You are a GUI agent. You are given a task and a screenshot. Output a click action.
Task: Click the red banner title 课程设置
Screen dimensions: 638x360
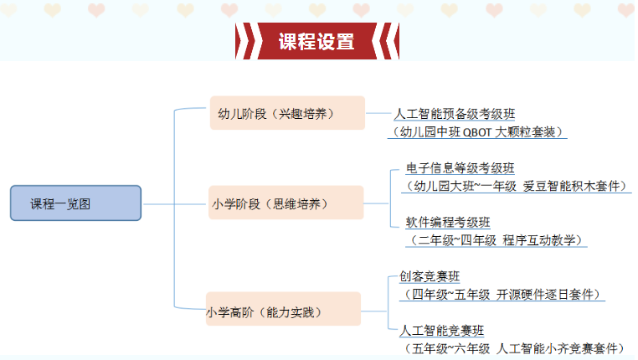point(316,42)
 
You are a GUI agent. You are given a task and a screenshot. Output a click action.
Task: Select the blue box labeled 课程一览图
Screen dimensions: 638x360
point(75,203)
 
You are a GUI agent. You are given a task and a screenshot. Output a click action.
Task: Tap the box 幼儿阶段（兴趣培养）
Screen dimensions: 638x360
point(287,113)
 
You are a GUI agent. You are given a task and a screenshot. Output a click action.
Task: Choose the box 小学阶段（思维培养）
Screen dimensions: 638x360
point(286,203)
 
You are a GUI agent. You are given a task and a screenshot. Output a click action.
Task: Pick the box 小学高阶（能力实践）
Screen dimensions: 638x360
point(283,309)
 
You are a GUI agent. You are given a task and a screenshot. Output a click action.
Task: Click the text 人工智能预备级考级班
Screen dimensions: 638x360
point(455,114)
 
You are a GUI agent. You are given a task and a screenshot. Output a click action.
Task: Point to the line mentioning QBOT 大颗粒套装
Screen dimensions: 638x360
point(477,131)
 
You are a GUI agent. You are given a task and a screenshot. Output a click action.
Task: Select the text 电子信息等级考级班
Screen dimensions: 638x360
point(460,168)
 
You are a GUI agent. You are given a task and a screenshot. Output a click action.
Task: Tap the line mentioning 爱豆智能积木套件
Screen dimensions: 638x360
point(517,187)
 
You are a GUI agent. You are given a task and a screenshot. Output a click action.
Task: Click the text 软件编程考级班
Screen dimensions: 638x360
point(448,222)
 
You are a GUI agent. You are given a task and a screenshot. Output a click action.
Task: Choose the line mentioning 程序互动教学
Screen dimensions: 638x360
point(496,240)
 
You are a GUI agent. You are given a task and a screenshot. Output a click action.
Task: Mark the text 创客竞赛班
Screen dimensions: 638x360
point(430,276)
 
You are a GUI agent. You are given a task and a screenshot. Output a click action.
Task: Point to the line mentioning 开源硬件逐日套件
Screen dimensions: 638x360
point(502,295)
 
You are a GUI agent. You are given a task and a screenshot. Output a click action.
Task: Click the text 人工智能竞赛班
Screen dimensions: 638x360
point(442,331)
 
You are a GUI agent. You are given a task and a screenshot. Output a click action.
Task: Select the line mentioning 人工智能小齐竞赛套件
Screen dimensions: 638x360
point(514,348)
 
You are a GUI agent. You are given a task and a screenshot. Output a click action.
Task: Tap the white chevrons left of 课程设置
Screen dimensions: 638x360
point(246,41)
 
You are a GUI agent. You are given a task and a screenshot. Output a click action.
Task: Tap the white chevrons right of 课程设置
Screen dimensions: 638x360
point(387,41)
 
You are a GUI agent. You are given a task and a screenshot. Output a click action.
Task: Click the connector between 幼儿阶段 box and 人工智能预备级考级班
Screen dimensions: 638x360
point(378,113)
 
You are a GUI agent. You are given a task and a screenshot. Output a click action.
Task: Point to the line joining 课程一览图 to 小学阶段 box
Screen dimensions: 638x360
point(175,203)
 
